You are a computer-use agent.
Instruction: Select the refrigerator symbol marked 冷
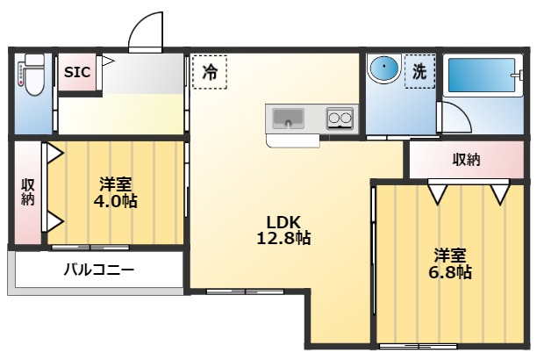tap(209, 71)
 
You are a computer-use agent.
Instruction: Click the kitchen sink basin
tap(288, 118)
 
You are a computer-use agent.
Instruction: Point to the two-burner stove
tap(340, 118)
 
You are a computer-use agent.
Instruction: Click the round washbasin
tap(383, 69)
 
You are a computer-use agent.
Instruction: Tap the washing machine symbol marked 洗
tap(419, 72)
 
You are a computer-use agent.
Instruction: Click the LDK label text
tap(283, 220)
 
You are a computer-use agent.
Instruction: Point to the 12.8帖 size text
tap(283, 237)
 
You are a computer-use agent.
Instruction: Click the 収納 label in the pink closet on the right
tap(466, 159)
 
